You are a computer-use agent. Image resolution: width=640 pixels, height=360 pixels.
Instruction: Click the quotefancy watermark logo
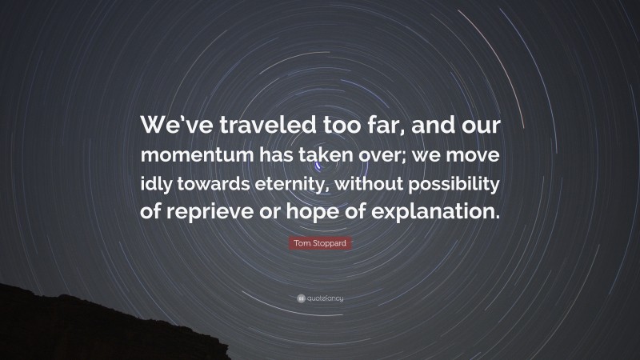point(320,298)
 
